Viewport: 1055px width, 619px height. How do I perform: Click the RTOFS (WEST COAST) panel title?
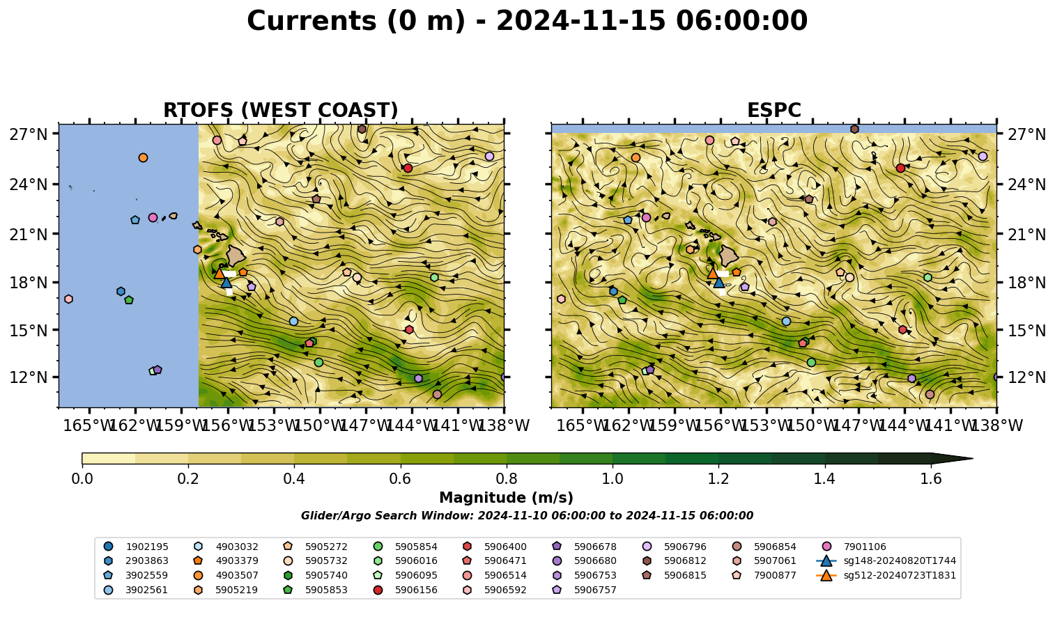pos(281,110)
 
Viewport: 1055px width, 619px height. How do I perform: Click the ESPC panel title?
pos(773,110)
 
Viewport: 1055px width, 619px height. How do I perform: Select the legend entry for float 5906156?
pos(407,590)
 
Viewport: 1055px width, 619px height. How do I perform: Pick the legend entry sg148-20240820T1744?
pos(886,561)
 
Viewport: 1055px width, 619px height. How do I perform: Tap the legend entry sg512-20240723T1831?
pos(886,575)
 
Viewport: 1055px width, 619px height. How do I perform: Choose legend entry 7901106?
pos(855,547)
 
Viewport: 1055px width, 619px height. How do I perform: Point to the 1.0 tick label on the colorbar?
pos(613,479)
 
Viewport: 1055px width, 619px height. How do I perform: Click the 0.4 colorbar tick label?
pos(294,479)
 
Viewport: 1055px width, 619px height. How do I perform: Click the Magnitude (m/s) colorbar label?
pos(506,498)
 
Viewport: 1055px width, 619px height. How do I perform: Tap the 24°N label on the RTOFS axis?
pos(29,185)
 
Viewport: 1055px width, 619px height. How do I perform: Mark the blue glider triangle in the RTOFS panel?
pos(226,283)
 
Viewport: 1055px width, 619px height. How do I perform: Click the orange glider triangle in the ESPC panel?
pos(712,273)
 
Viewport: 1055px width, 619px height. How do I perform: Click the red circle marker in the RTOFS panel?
pos(408,168)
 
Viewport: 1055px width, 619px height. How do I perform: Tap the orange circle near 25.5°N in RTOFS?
pos(143,157)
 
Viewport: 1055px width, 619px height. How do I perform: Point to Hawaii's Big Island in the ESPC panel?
pos(729,256)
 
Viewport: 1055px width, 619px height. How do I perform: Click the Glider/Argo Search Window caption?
pos(527,515)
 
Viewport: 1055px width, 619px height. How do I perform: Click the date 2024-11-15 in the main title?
pos(580,21)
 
